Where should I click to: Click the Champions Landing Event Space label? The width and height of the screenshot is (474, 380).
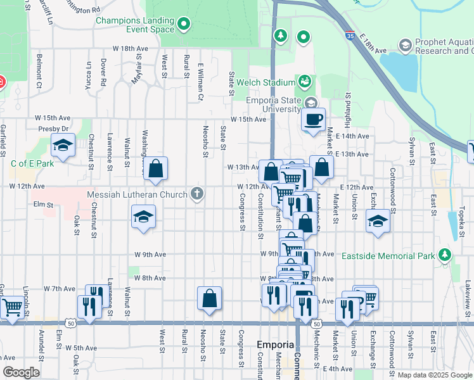[135, 25]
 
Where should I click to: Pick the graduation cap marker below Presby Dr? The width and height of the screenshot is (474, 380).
[63, 146]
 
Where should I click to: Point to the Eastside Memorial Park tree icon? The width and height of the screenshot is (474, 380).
[445, 255]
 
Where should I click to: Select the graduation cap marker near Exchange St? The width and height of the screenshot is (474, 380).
[378, 222]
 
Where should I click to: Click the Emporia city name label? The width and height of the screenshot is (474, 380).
[276, 345]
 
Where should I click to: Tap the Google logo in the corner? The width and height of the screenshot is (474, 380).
[21, 372]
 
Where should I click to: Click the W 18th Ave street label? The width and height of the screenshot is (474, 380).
[131, 48]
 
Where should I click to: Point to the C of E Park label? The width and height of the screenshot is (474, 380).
[32, 163]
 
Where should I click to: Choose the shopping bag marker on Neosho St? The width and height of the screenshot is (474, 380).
[209, 298]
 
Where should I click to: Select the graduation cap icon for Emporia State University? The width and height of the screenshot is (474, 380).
[311, 103]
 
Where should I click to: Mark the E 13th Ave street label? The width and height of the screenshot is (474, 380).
[353, 154]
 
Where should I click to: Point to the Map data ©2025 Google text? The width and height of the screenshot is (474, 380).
[435, 375]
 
